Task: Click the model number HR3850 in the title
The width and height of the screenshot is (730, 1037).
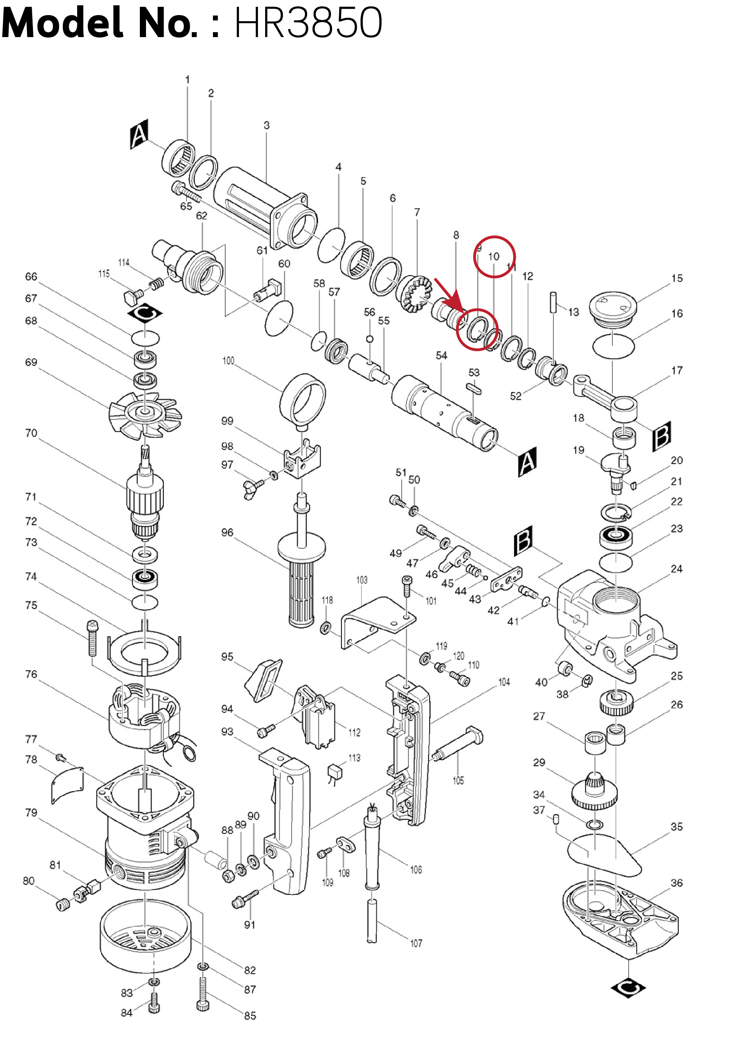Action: (308, 23)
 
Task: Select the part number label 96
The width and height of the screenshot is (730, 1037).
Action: (227, 533)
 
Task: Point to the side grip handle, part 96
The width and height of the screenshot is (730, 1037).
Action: (301, 582)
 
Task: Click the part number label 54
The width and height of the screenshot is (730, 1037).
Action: (441, 355)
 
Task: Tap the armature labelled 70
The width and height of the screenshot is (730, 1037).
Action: (144, 497)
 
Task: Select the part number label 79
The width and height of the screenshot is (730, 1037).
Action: (31, 813)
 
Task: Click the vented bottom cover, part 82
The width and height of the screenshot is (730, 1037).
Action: (145, 935)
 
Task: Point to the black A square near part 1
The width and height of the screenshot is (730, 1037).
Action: (138, 134)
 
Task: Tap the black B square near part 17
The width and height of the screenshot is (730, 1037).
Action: (662, 436)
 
